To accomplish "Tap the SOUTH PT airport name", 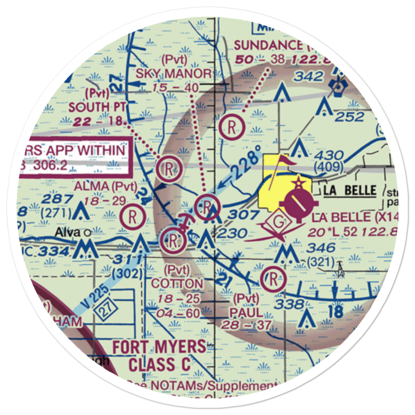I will click(x=95, y=107).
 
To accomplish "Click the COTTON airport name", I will click(x=178, y=284).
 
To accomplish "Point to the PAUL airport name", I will click(x=248, y=312).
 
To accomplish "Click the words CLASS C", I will click(x=159, y=365).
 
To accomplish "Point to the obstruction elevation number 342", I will click(x=308, y=76).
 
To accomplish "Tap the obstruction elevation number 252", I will click(x=349, y=117).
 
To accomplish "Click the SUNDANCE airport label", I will click(x=268, y=45).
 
